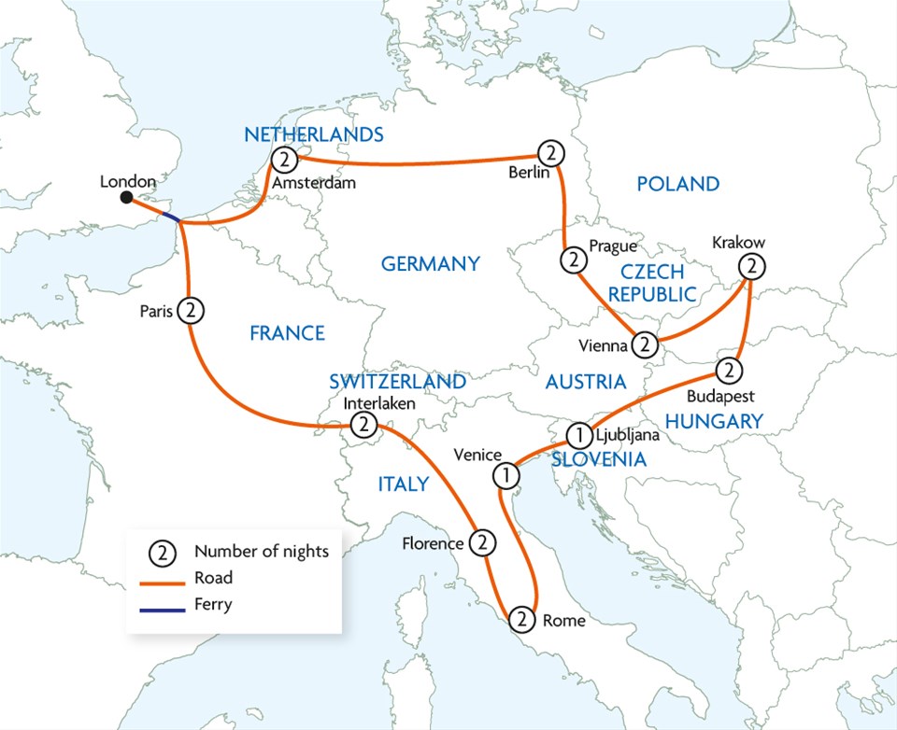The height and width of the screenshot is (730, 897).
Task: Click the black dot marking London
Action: click(126, 197)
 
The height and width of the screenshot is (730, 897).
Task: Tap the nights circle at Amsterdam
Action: click(284, 159)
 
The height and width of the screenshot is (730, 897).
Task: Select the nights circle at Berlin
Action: click(551, 151)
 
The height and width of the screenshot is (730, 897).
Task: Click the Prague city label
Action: click(612, 246)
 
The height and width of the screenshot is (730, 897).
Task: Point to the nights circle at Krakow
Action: click(751, 266)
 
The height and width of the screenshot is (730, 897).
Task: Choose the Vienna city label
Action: click(602, 345)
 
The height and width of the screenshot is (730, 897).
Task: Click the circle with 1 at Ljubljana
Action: click(579, 434)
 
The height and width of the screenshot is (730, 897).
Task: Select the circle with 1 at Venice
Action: click(505, 475)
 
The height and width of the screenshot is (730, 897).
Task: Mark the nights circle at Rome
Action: click(523, 618)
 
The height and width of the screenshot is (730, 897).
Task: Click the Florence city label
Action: click(433, 543)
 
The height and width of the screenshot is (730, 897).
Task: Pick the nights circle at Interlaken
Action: click(363, 426)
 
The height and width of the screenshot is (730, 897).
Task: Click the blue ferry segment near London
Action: click(169, 218)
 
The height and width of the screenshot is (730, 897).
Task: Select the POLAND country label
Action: click(677, 184)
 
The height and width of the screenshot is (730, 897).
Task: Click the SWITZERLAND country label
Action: click(397, 382)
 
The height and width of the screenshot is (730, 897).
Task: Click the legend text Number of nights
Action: click(262, 551)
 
